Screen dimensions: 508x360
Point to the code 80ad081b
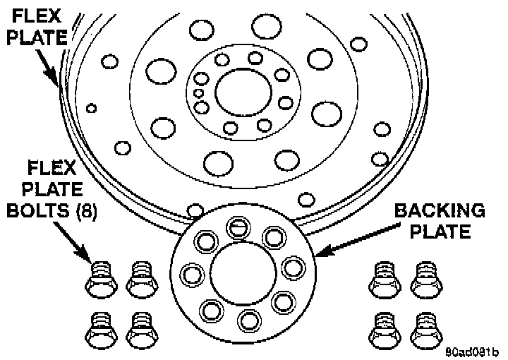click(471, 349)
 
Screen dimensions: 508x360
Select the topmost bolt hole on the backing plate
click(238, 227)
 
